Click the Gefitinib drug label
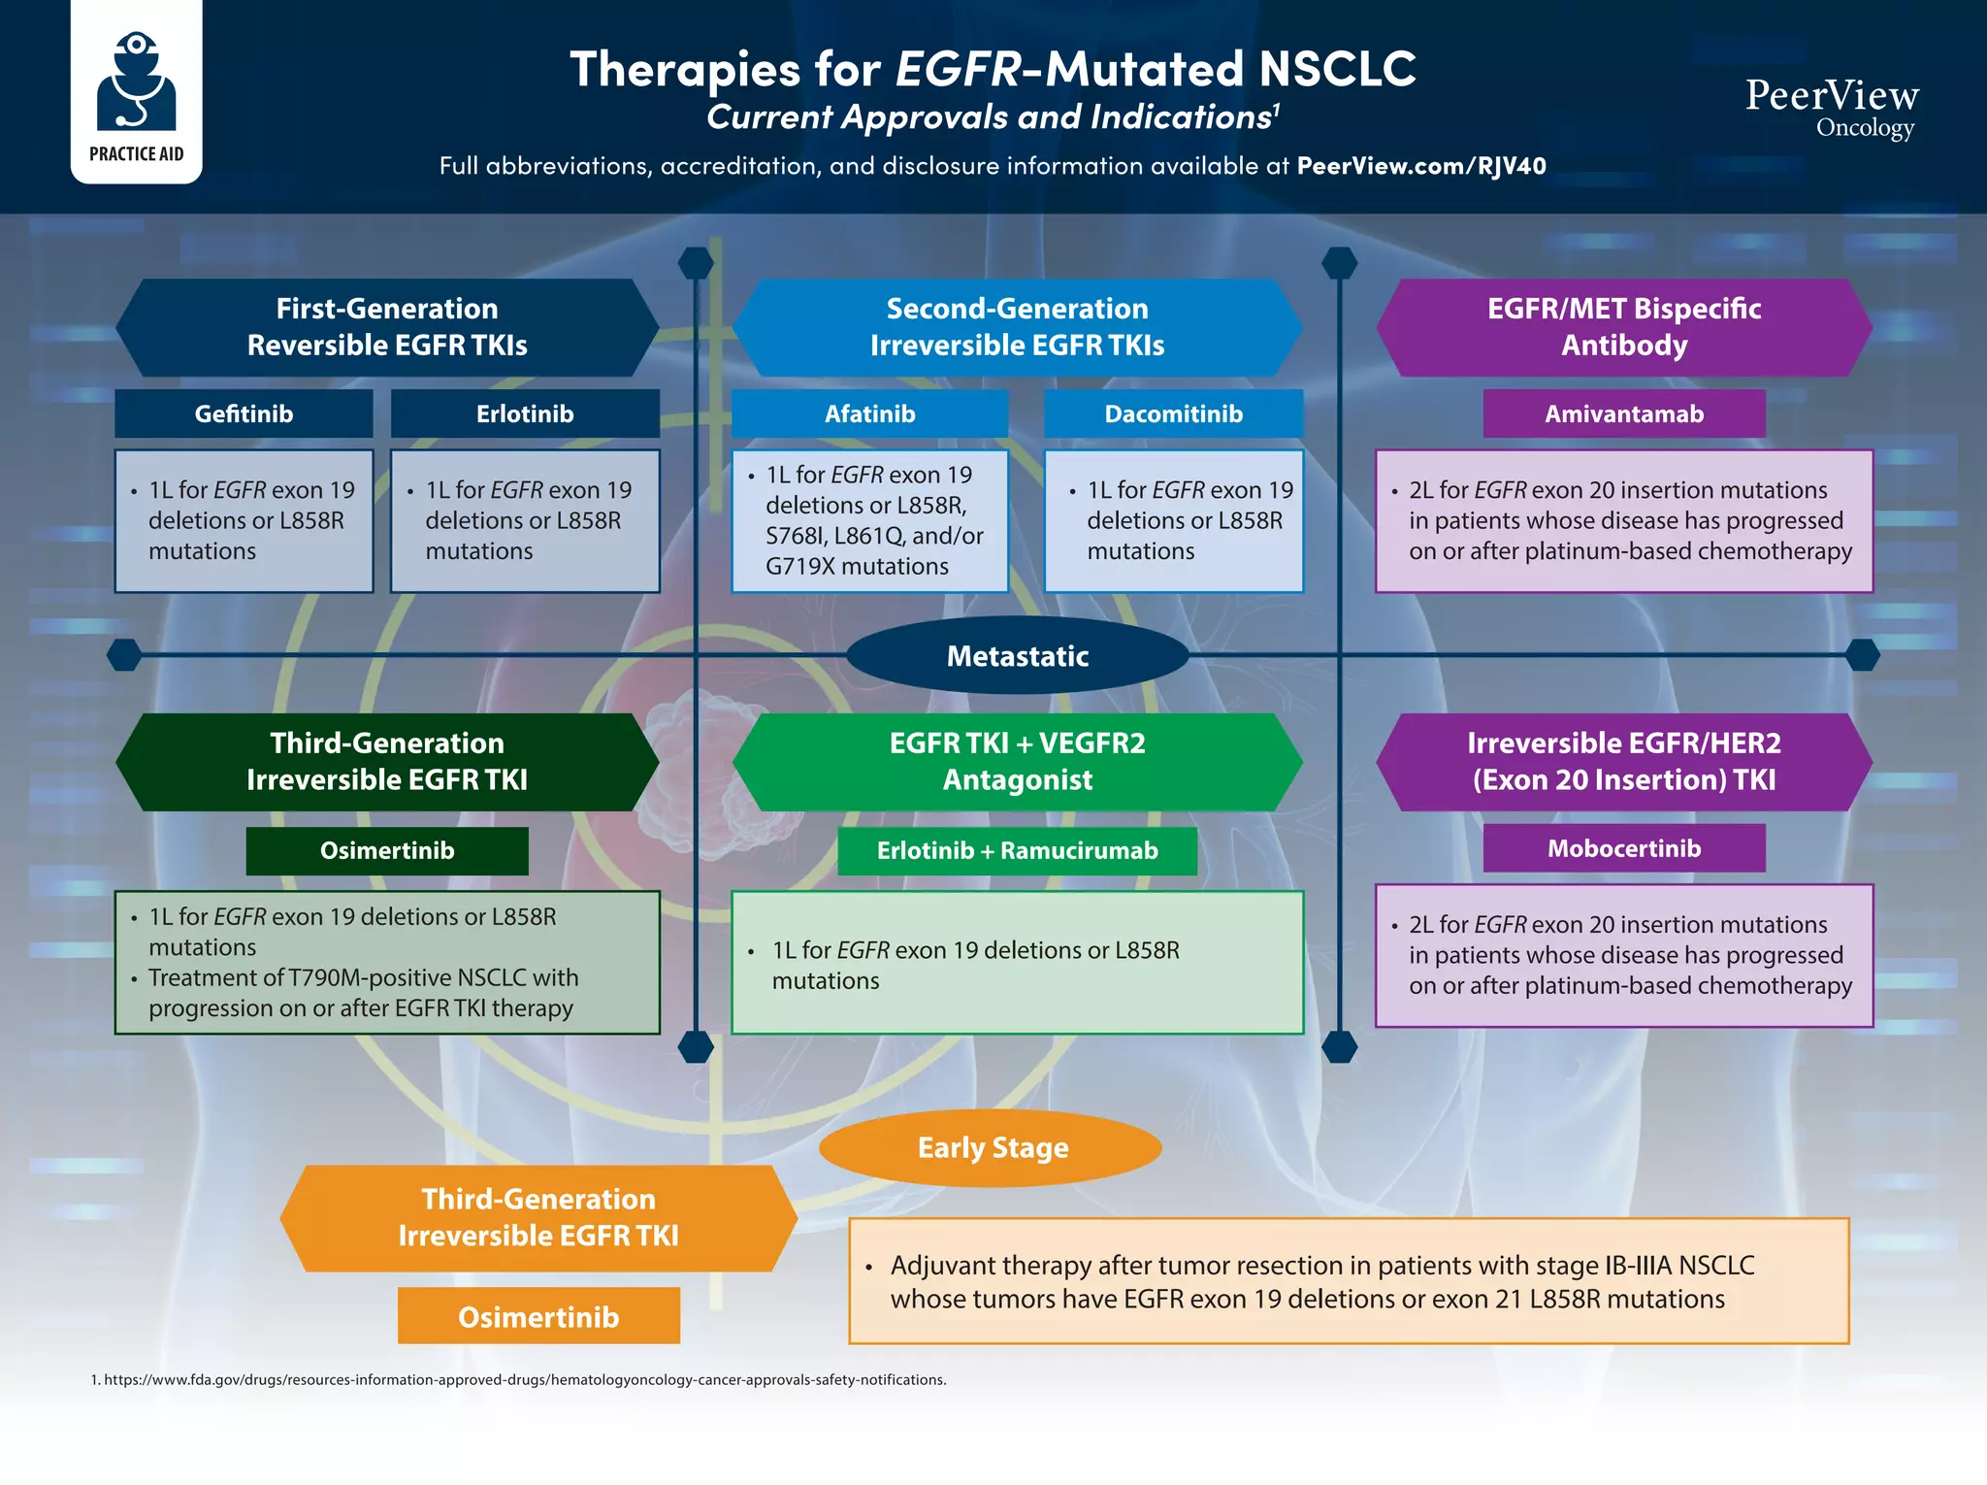click(x=244, y=414)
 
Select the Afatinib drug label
click(x=869, y=414)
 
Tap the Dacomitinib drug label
click(x=1173, y=414)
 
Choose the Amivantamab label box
click(x=1623, y=414)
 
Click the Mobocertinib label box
click(x=1623, y=848)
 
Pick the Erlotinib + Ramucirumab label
click(x=1017, y=851)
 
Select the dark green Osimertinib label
click(x=386, y=851)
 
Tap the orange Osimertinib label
click(x=538, y=1317)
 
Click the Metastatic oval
click(x=1017, y=656)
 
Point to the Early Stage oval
click(x=992, y=1148)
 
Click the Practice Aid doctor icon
click(x=137, y=82)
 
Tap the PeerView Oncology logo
click(x=1832, y=108)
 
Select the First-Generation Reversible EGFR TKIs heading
click(x=386, y=327)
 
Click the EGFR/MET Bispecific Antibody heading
click(x=1623, y=327)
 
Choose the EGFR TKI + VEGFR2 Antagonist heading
click(x=1017, y=762)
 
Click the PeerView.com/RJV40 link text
click(x=1420, y=166)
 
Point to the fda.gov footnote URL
click(x=524, y=1380)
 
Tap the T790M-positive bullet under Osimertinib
click(x=363, y=992)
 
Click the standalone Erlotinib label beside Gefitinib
click(x=525, y=414)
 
